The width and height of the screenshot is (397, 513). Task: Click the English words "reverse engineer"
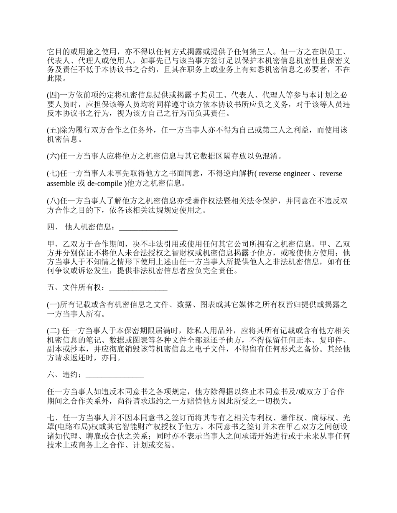point(285,174)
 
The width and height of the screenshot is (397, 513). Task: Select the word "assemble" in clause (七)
point(60,183)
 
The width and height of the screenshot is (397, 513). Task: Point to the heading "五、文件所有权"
point(76,287)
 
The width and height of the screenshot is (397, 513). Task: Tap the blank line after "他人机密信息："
point(148,227)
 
